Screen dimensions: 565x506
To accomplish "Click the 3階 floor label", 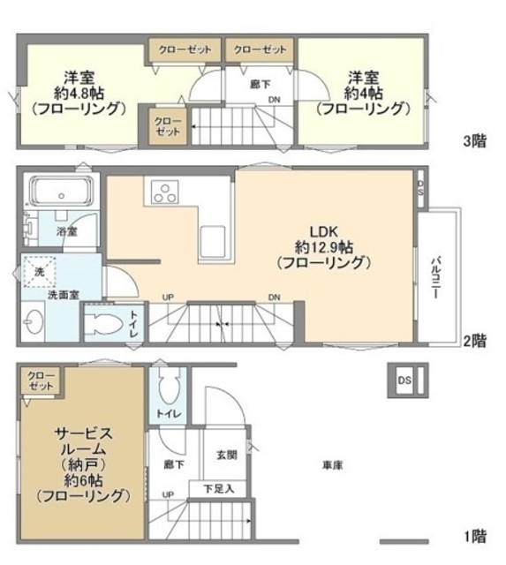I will [475, 140].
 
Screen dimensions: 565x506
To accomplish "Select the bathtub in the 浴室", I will [60, 194].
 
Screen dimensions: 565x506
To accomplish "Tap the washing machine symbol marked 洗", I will [39, 274].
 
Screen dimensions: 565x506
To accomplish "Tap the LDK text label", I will [322, 225].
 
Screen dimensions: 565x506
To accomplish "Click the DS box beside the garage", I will [404, 380].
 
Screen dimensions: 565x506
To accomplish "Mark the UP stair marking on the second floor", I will [167, 297].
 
